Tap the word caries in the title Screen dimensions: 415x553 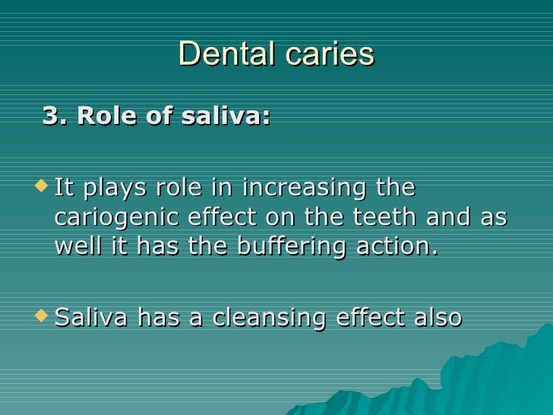click(x=328, y=54)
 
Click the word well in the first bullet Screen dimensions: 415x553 click(x=74, y=248)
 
